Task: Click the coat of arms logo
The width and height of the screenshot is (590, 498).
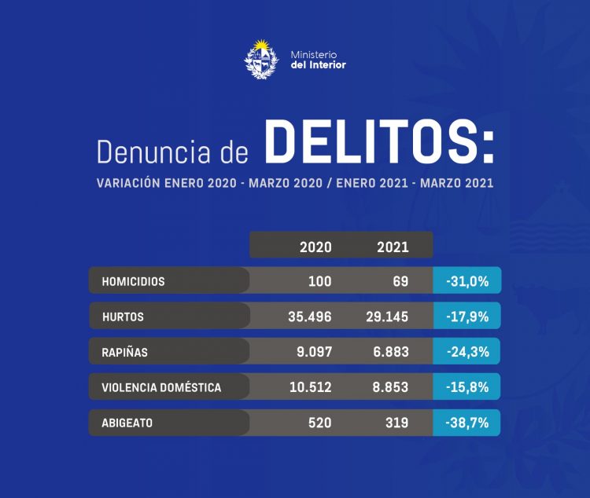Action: click(x=262, y=59)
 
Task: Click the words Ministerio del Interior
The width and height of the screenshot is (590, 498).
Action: click(x=318, y=60)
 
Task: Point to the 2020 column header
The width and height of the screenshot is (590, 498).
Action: click(x=315, y=247)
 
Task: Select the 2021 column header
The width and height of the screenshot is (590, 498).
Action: click(x=393, y=247)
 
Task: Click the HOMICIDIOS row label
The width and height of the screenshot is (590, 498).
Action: click(x=134, y=280)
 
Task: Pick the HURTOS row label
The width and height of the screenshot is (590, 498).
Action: click(x=123, y=317)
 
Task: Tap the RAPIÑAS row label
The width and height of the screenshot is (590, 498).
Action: click(x=125, y=353)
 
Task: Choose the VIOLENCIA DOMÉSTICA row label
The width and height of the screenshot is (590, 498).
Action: click(x=161, y=387)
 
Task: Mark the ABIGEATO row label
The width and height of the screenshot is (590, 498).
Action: click(x=127, y=423)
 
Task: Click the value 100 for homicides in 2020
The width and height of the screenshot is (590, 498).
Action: click(x=319, y=280)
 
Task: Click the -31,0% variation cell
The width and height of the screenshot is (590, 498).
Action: click(x=467, y=280)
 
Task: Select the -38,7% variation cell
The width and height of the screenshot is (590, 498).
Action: click(x=467, y=423)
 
